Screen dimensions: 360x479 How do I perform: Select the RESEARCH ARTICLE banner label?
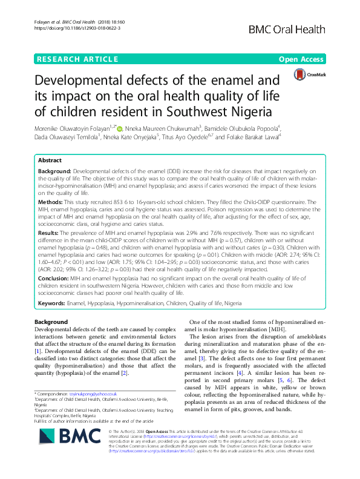pos(77,59)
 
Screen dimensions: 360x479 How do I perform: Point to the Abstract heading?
pos(50,161)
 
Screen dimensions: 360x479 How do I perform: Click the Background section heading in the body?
pos(51,322)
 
